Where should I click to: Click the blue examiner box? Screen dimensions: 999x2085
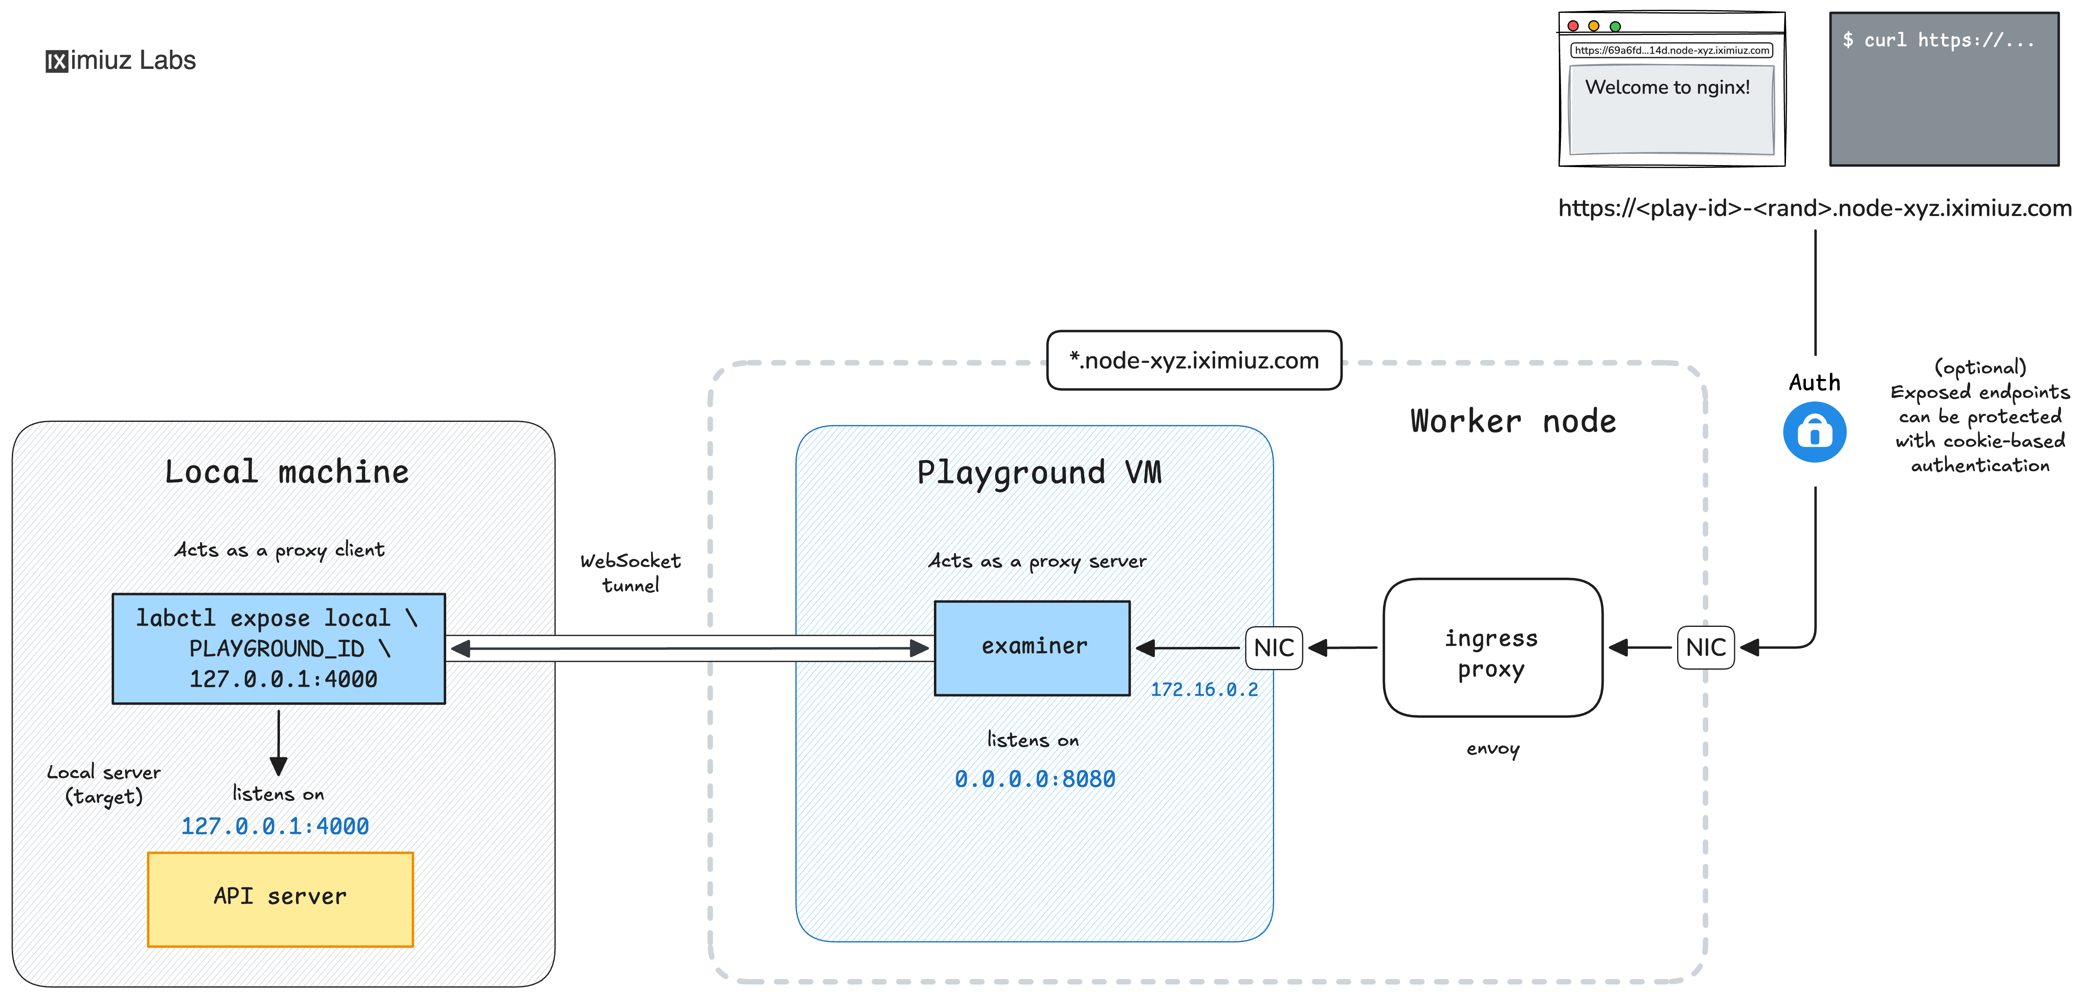click(x=1032, y=648)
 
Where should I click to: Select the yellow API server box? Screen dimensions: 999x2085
click(x=280, y=899)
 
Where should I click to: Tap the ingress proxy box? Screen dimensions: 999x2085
click(x=1492, y=648)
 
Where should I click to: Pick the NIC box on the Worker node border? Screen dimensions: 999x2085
click(x=1705, y=648)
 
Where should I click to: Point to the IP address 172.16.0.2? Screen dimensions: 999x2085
click(x=1204, y=690)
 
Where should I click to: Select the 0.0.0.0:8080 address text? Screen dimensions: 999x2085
click(x=1035, y=779)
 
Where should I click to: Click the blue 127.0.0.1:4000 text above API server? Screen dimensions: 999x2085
click(x=275, y=827)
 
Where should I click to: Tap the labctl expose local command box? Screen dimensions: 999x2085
click(x=278, y=648)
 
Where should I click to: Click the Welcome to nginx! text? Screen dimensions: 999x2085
click(x=1667, y=88)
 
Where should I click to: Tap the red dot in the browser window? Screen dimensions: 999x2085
click(x=1573, y=26)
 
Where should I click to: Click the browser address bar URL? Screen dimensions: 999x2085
click(x=1671, y=50)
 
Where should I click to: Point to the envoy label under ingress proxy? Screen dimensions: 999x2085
click(x=1493, y=749)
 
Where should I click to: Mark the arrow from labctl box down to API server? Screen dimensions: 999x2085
click(x=278, y=741)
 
